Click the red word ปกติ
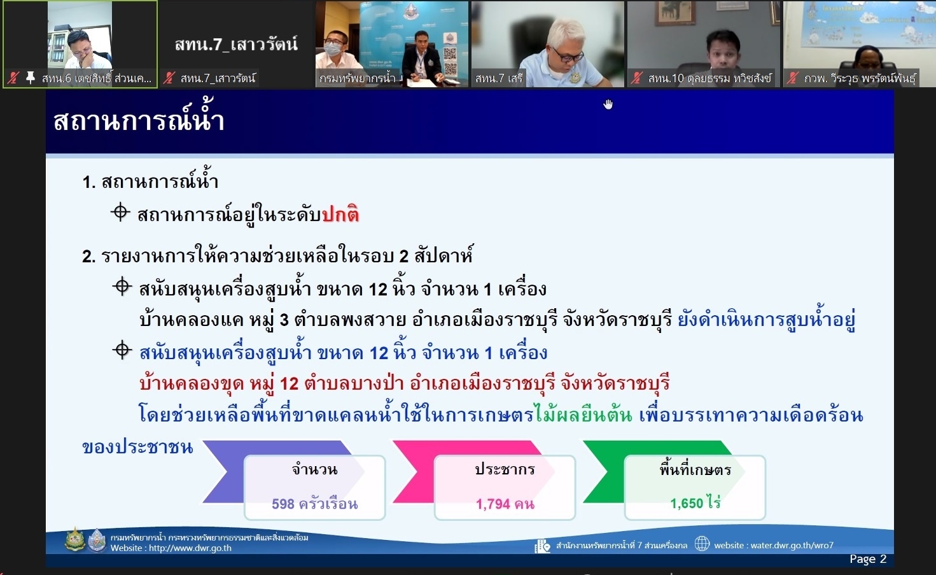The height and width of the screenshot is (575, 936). (x=340, y=214)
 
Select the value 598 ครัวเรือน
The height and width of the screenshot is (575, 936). (x=314, y=504)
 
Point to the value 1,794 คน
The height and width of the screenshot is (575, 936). (x=505, y=504)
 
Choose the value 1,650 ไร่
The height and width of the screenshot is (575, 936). (x=695, y=502)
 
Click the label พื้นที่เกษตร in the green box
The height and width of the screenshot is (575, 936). (x=695, y=470)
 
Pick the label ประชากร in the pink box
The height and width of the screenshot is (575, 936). (x=505, y=470)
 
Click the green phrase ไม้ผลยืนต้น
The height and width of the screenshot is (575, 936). (x=583, y=415)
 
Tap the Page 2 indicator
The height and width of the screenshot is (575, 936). (x=868, y=559)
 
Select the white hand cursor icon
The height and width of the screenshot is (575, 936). (x=608, y=104)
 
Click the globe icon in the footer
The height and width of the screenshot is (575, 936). (x=702, y=544)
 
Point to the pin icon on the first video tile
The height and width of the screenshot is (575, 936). (x=30, y=77)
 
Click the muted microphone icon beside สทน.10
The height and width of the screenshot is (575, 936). (x=636, y=78)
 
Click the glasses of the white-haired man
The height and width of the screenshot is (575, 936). (x=568, y=55)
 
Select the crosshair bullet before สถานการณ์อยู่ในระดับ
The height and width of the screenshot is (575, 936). (x=120, y=212)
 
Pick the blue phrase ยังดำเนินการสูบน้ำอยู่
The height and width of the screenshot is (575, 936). (x=766, y=320)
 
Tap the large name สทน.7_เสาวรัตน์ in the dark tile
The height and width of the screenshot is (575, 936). (x=236, y=43)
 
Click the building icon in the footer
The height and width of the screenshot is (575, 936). (x=542, y=546)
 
